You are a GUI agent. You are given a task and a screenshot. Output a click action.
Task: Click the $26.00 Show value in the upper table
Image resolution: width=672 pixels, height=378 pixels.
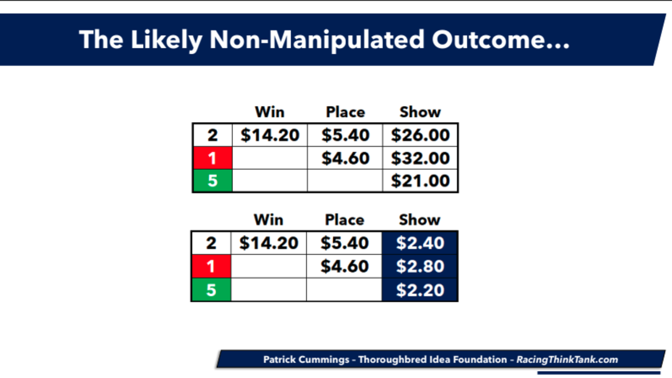click(420, 135)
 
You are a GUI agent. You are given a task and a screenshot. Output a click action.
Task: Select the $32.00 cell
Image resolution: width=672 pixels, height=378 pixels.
click(420, 158)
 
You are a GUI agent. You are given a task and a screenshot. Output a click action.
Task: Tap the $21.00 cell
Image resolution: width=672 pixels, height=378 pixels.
click(420, 180)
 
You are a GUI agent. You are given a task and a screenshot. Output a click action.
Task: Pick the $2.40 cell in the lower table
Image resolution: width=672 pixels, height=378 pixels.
click(419, 243)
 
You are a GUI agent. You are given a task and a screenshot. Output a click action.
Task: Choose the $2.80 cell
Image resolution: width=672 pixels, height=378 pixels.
click(419, 267)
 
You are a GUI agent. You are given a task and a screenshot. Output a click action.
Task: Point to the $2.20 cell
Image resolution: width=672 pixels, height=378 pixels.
click(419, 290)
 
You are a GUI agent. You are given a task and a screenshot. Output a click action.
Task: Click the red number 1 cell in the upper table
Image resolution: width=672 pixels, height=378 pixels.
click(213, 158)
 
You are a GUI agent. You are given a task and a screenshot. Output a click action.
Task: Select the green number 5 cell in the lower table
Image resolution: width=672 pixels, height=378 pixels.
click(212, 290)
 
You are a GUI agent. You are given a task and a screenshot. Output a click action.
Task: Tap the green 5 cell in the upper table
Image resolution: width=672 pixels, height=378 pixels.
click(213, 180)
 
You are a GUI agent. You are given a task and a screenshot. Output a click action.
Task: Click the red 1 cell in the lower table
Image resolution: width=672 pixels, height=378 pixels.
click(212, 267)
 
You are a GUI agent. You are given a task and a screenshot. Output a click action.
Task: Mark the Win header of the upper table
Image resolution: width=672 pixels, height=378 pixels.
click(270, 112)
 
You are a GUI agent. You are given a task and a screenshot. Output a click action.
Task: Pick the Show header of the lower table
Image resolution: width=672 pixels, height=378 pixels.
click(419, 220)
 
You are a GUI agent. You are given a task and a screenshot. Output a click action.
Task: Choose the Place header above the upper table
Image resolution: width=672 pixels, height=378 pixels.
click(346, 112)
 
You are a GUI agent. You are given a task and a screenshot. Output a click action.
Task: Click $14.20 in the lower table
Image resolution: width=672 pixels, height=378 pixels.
click(269, 243)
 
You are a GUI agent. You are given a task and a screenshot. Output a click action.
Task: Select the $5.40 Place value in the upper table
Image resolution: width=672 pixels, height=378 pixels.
click(346, 135)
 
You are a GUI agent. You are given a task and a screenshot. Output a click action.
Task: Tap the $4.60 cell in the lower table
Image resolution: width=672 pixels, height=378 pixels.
click(344, 267)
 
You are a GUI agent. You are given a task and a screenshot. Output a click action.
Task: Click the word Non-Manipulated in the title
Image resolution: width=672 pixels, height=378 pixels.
click(317, 40)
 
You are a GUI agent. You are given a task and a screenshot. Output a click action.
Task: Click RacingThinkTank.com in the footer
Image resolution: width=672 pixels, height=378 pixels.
click(567, 360)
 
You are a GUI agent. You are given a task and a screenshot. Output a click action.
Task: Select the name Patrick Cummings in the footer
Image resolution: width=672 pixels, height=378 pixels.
click(306, 360)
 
